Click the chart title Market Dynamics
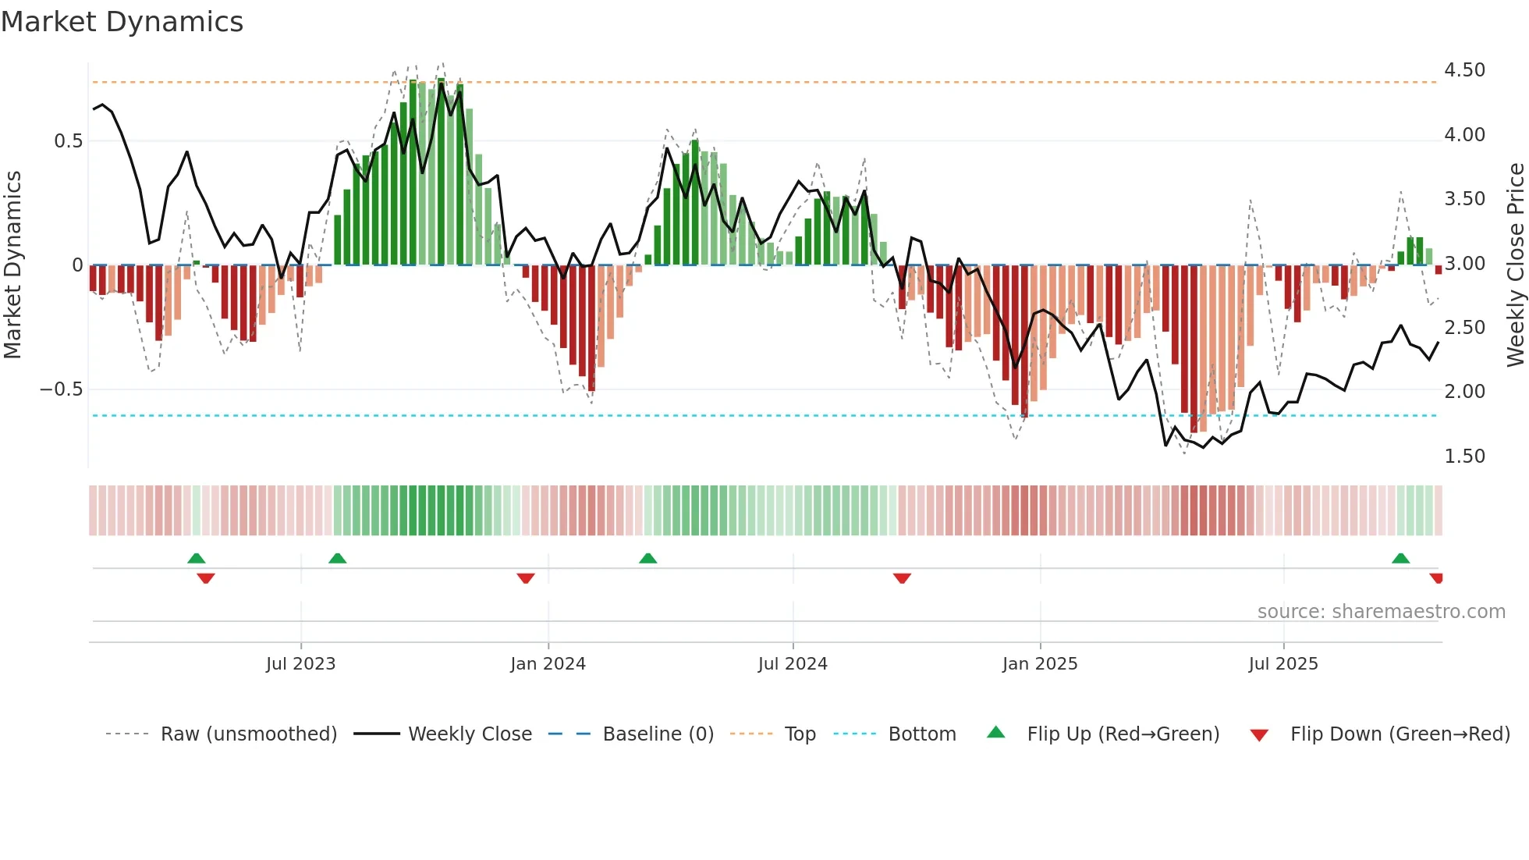122,22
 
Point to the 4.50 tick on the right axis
1464,70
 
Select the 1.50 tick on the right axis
1464,457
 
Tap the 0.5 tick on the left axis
68,141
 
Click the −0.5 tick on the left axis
62,389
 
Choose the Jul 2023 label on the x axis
300,664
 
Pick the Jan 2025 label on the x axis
1039,664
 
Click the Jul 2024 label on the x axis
792,664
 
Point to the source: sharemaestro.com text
1381,612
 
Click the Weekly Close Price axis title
1515,265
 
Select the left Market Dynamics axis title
12,265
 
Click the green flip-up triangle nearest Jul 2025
1400,559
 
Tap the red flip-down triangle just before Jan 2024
526,578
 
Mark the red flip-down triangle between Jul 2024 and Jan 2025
902,578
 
